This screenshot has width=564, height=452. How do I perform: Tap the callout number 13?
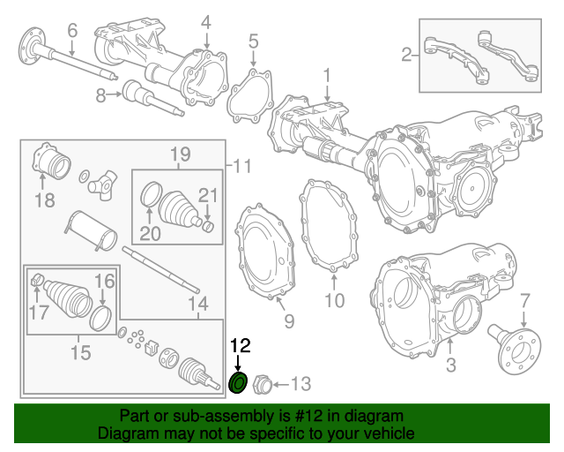(301, 383)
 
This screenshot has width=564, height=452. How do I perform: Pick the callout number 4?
(205, 21)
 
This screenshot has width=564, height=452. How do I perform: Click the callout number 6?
(72, 30)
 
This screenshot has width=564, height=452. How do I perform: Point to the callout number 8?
(101, 94)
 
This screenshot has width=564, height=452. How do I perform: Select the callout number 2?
(406, 56)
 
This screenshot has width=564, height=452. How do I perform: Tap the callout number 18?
(44, 200)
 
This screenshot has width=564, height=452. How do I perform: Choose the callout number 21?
(206, 195)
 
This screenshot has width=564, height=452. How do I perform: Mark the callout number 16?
(104, 281)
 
